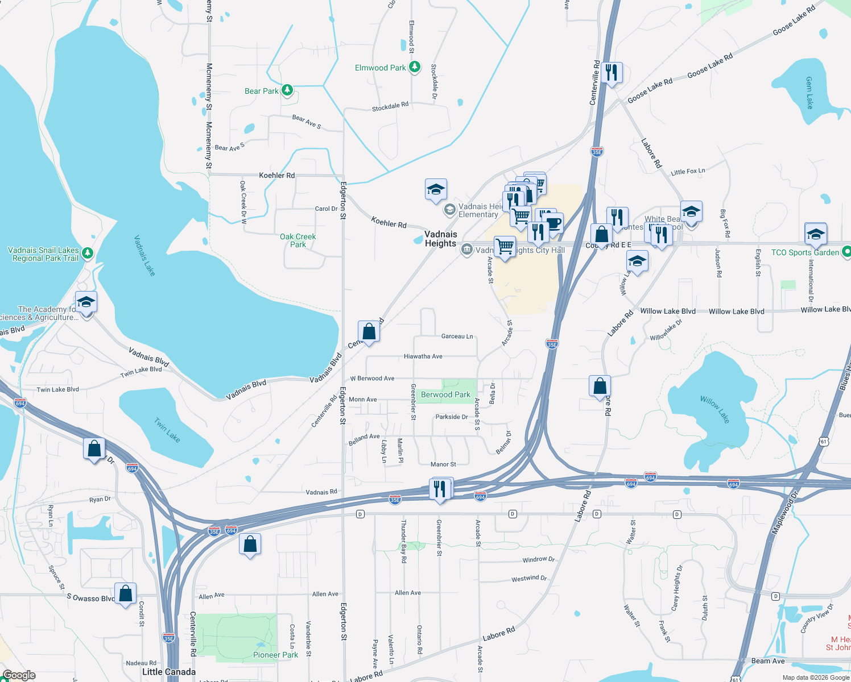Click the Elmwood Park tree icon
click(x=415, y=67)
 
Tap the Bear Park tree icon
click(x=287, y=90)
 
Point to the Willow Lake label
click(x=715, y=409)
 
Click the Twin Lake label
click(x=167, y=430)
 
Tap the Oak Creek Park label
click(x=298, y=240)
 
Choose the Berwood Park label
click(x=445, y=394)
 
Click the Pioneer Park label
click(x=275, y=655)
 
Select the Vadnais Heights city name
click(x=440, y=239)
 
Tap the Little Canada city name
click(x=168, y=672)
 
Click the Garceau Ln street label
click(x=457, y=336)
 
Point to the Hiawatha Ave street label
click(x=423, y=356)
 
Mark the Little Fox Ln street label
click(x=688, y=171)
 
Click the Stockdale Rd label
click(x=390, y=106)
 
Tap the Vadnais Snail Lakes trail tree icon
click(x=88, y=253)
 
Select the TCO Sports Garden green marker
click(x=846, y=251)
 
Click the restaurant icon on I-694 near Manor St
click(x=440, y=488)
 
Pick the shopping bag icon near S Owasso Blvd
click(x=125, y=593)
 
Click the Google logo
click(x=19, y=675)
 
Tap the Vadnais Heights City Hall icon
click(x=467, y=249)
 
